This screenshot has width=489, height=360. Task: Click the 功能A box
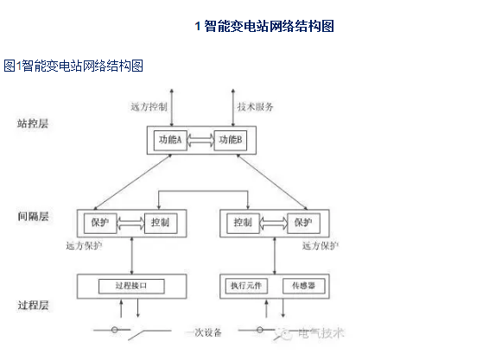point(169,140)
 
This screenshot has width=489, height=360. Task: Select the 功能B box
point(231,140)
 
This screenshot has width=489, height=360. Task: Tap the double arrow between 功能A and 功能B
point(200,140)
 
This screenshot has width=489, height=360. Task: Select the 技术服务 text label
point(256,107)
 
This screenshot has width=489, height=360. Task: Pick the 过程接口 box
point(131,285)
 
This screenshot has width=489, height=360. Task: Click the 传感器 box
point(302,286)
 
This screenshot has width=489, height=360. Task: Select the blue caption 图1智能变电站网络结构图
point(73,66)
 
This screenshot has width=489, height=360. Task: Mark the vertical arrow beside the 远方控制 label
point(173,106)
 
